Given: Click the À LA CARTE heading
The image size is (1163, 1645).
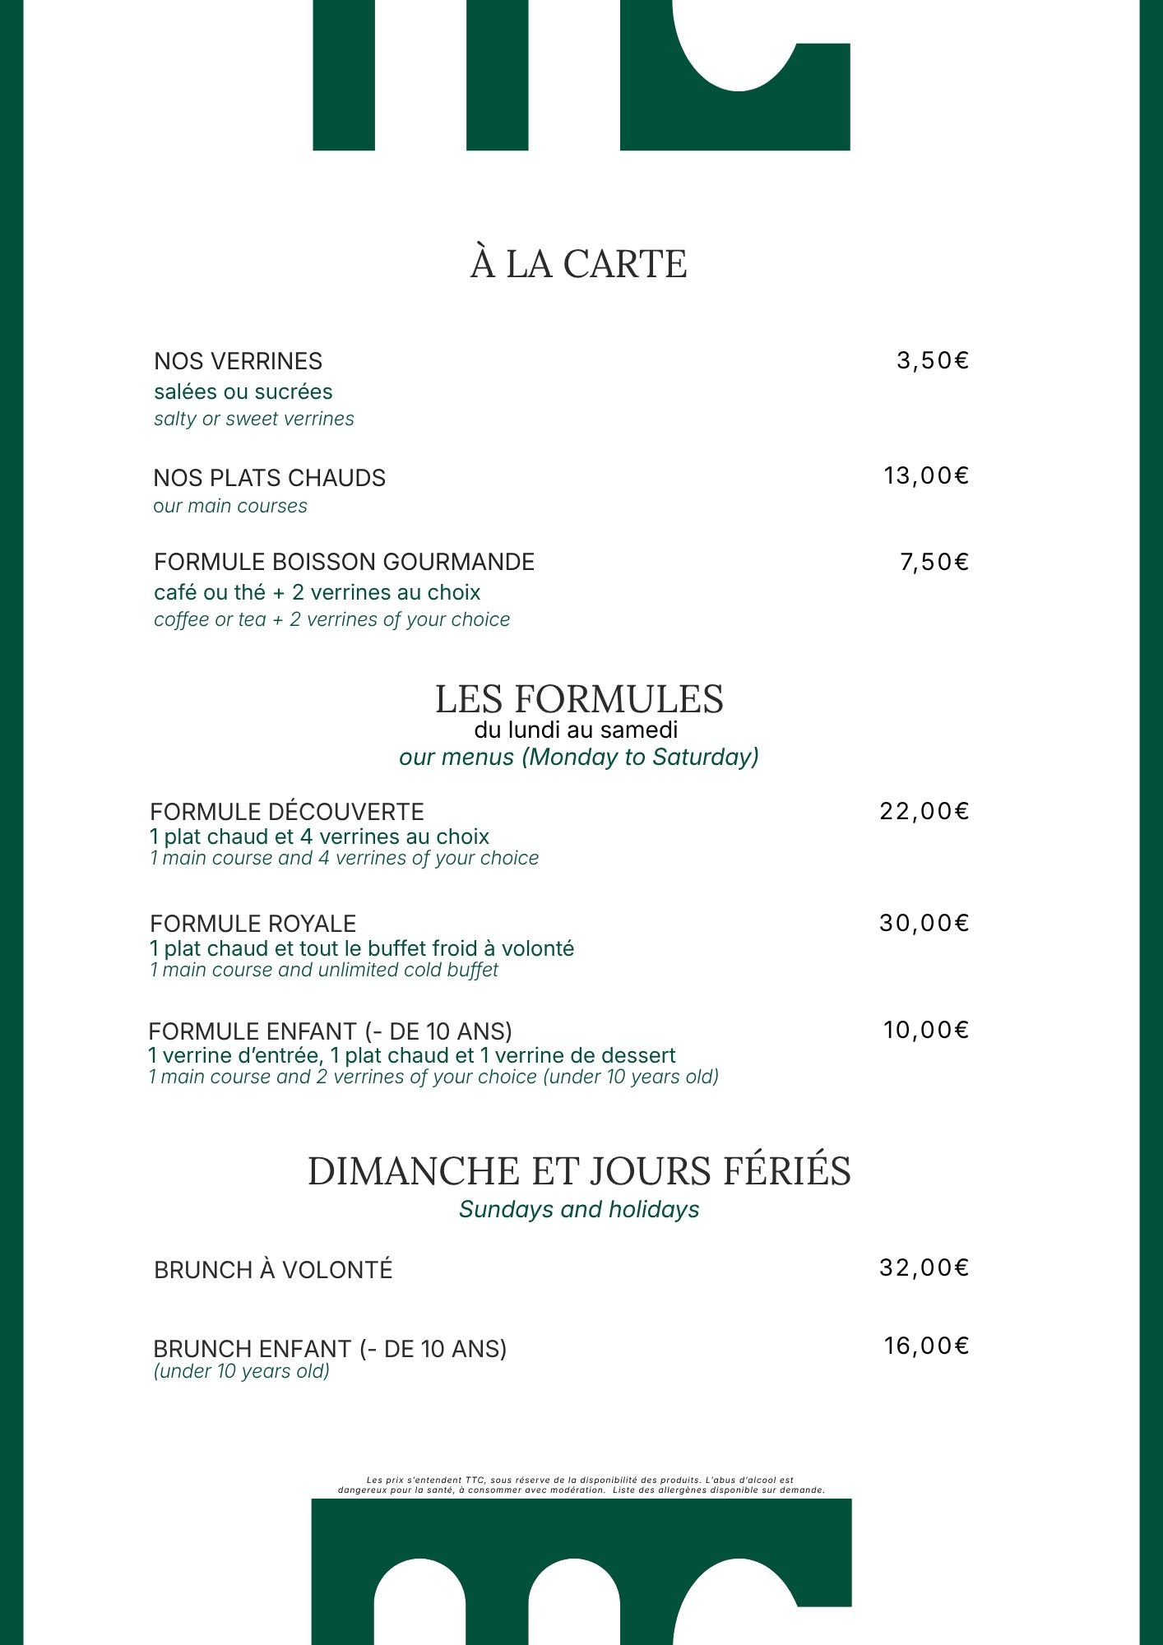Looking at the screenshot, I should click(578, 264).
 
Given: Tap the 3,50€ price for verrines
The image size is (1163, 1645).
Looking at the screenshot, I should click(932, 360).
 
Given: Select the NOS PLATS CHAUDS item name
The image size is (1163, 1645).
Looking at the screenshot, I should click(269, 478).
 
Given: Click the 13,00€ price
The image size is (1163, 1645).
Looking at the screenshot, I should click(925, 475).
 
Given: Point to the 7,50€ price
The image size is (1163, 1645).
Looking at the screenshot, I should click(934, 562).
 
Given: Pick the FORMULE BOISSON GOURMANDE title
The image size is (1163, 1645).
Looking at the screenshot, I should click(344, 562).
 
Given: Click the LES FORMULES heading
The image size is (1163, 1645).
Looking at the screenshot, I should click(579, 699).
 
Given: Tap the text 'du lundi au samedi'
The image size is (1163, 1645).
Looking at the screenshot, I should click(576, 730).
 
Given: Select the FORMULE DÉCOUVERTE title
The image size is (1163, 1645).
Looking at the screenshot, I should click(286, 812).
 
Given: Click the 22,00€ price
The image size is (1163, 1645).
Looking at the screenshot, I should click(924, 811).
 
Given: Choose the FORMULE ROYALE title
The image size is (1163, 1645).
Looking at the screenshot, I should click(253, 924).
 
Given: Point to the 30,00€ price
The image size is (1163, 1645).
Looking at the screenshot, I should click(924, 923).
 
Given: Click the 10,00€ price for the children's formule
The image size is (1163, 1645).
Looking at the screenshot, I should click(925, 1030).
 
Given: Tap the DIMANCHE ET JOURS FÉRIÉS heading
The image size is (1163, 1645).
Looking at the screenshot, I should click(579, 1171).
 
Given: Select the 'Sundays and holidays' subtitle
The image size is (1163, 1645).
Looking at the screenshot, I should click(579, 1209).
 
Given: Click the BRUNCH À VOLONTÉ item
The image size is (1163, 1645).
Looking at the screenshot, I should click(273, 1270).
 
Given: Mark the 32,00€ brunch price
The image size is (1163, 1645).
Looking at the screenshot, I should click(924, 1267).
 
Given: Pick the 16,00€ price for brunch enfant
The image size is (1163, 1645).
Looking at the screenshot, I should click(925, 1346).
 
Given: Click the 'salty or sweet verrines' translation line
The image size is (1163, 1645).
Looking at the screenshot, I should click(253, 419).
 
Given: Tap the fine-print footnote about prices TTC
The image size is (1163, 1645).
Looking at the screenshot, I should click(581, 1485).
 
